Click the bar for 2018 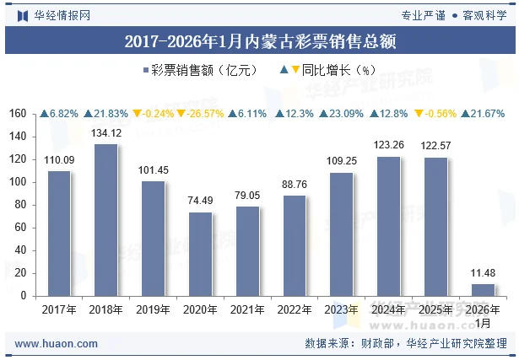pos(106,220)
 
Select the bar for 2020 pos(200,254)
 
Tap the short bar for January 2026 pos(483,290)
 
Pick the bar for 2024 pos(389,226)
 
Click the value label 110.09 pos(59,160)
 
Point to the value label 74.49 pos(200,201)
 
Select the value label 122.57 pos(436,146)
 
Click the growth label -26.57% pos(205,114)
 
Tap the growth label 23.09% pos(346,114)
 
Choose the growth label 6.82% pos(63,114)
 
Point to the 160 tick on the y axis pos(17,114)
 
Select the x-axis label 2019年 pos(153,310)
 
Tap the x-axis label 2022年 pos(295,310)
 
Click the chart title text pos(259,40)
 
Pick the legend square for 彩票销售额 pos(146,71)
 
